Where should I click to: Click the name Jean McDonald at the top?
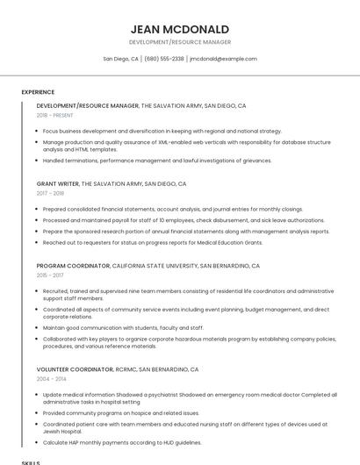tap(179, 29)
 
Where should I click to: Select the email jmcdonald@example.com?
tap(223, 59)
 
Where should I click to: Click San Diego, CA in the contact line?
tap(120, 59)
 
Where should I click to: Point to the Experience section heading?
tap(38, 92)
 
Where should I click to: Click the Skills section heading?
tap(31, 461)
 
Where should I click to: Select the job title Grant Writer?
tap(58, 184)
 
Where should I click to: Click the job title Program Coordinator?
tap(74, 265)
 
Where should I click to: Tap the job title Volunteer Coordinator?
tap(75, 369)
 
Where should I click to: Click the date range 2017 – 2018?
tap(50, 193)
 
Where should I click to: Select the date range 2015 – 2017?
tap(50, 275)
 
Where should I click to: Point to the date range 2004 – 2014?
tap(50, 379)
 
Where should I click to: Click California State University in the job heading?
tap(155, 265)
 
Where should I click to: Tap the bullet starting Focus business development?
tap(162, 131)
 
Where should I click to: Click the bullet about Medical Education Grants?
tap(153, 242)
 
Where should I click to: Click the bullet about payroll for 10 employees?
tap(184, 220)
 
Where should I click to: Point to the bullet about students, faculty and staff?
tap(123, 327)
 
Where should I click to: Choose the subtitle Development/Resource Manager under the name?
tap(179, 42)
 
